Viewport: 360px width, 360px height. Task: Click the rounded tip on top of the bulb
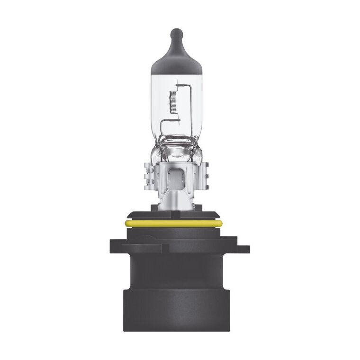[176, 34]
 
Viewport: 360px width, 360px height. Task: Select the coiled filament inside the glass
[172, 101]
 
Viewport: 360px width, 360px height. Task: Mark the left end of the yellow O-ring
[127, 223]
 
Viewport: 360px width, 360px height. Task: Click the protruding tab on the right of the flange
[243, 248]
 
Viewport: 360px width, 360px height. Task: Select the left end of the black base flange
[112, 247]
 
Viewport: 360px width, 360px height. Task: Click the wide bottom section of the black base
[176, 308]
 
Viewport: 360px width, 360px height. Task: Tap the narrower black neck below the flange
[176, 270]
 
